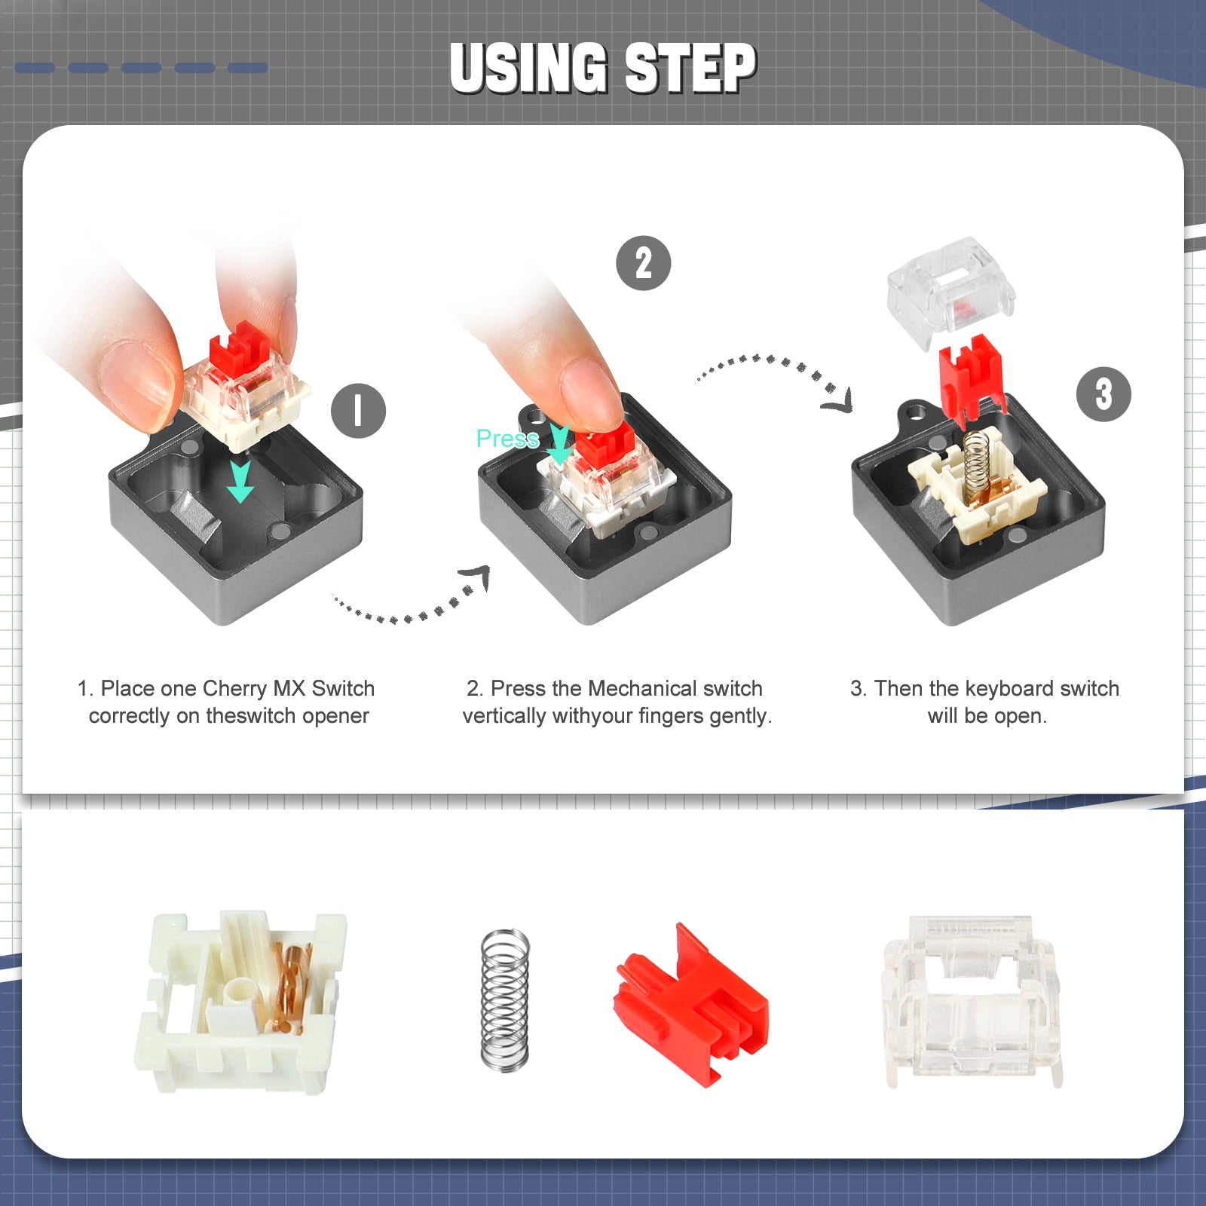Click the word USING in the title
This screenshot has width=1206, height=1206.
pyautogui.click(x=528, y=68)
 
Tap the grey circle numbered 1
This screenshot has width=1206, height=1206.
pyautogui.click(x=358, y=411)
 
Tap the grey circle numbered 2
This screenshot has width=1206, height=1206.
pyautogui.click(x=643, y=263)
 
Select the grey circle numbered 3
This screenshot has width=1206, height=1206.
pyautogui.click(x=1103, y=394)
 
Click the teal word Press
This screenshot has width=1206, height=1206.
pyautogui.click(x=507, y=438)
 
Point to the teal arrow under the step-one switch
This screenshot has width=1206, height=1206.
pyautogui.click(x=240, y=482)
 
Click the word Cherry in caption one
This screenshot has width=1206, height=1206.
pyautogui.click(x=234, y=688)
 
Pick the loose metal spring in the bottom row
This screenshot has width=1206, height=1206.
pyautogui.click(x=505, y=999)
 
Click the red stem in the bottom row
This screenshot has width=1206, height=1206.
pyautogui.click(x=692, y=1006)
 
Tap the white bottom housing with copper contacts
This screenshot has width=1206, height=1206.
pyautogui.click(x=240, y=1002)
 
